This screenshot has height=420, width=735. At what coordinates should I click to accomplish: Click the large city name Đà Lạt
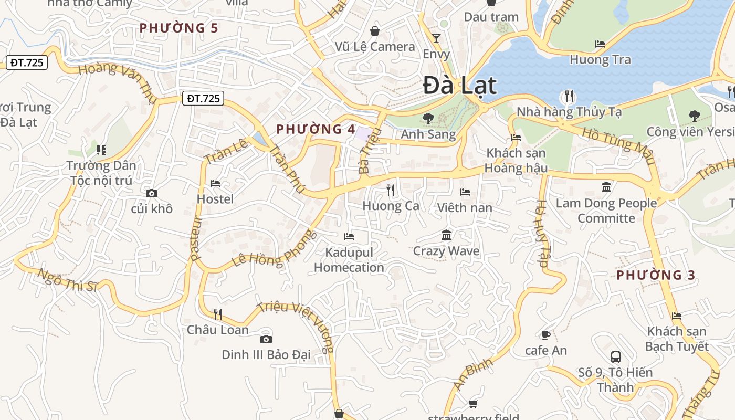click(459, 85)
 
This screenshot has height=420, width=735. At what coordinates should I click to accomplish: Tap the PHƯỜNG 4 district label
click(316, 129)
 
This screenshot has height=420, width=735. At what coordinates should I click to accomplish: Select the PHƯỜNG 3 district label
click(656, 275)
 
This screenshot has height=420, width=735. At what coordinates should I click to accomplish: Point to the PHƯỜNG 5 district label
click(178, 28)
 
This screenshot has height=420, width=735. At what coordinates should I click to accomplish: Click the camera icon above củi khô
click(152, 194)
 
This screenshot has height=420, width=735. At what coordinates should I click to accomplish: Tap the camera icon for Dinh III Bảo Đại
click(266, 340)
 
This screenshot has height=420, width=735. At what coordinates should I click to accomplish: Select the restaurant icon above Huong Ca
click(391, 190)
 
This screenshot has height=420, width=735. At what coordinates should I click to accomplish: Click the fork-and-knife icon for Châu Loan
click(218, 314)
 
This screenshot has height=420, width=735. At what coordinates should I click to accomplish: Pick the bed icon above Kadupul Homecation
click(349, 237)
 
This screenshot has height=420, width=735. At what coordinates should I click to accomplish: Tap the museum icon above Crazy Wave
click(446, 235)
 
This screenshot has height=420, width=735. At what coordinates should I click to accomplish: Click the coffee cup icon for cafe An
click(546, 335)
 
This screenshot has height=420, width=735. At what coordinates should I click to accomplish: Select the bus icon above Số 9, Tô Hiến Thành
click(616, 357)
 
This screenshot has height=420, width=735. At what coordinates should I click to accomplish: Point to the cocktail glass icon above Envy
click(436, 38)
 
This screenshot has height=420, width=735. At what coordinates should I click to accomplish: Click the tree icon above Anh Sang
click(428, 119)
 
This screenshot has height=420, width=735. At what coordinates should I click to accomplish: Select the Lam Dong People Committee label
click(606, 211)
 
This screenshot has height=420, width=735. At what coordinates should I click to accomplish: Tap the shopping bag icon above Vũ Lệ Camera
click(375, 31)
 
